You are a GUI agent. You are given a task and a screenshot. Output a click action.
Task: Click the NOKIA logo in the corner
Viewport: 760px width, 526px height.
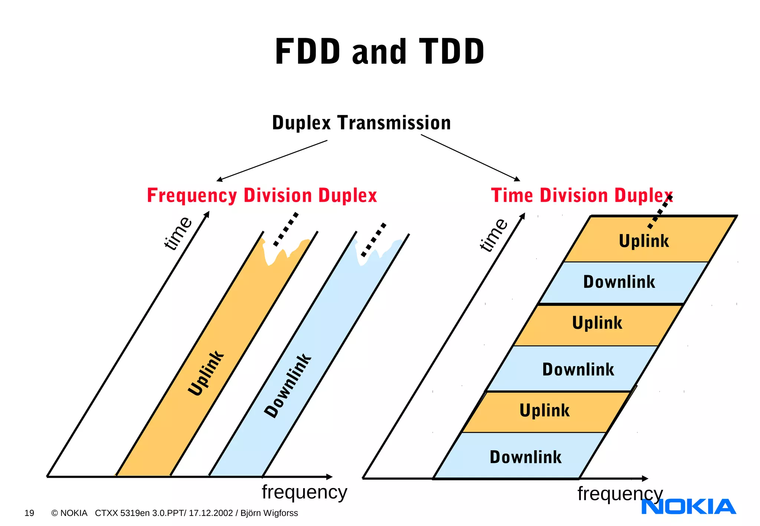(x=688, y=507)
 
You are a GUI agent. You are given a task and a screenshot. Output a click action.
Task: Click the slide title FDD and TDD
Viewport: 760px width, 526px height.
(x=379, y=52)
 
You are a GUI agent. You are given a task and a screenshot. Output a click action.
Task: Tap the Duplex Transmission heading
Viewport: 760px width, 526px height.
(x=361, y=123)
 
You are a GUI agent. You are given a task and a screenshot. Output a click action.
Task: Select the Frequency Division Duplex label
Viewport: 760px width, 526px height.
(x=262, y=195)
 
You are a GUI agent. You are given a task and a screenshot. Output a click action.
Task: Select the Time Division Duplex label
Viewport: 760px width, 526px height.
(x=582, y=195)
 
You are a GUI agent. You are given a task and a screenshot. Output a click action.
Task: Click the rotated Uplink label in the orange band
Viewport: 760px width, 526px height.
(x=206, y=373)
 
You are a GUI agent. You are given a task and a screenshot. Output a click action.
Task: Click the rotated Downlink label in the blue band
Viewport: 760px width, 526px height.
(x=288, y=386)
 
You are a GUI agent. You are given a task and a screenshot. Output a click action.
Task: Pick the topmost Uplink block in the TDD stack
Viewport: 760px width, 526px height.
(x=644, y=241)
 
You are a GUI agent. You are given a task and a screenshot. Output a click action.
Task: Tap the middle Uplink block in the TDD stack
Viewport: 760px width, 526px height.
(x=597, y=323)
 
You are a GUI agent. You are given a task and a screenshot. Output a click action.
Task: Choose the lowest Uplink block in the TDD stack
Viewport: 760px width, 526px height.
(x=544, y=411)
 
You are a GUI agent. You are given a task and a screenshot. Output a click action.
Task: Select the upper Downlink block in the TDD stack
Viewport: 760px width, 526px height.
(x=619, y=282)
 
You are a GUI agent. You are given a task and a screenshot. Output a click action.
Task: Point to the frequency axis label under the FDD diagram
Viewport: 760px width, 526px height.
(x=304, y=492)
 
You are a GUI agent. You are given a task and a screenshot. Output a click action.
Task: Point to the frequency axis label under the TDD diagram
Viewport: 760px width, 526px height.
(x=620, y=494)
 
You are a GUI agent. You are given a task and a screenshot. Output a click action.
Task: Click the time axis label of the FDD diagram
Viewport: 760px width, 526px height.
(x=178, y=233)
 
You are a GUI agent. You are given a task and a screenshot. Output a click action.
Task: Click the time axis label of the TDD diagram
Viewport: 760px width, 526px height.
(x=493, y=235)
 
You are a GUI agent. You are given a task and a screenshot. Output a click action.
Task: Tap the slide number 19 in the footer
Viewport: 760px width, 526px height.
(x=29, y=513)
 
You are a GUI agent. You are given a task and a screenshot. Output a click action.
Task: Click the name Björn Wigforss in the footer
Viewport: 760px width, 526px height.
(x=269, y=513)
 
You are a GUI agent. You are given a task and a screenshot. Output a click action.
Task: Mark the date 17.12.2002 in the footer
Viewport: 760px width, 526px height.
(x=211, y=513)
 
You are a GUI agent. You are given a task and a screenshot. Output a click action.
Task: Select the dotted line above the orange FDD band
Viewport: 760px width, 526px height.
(x=286, y=229)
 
